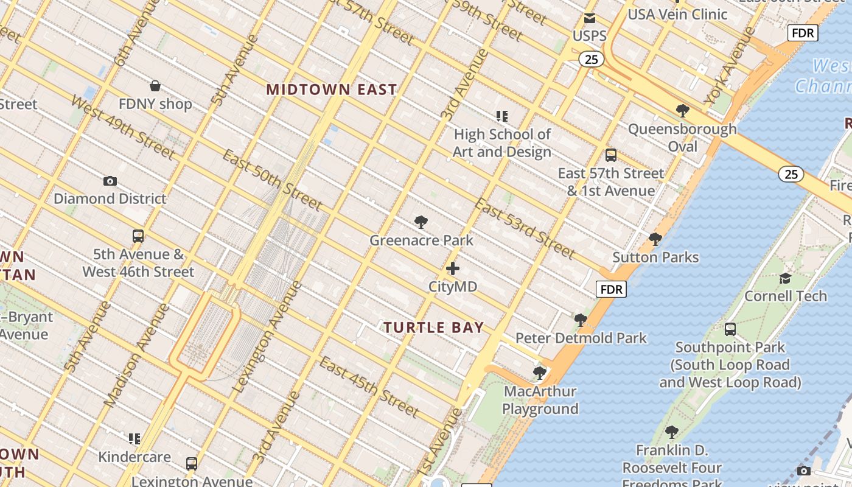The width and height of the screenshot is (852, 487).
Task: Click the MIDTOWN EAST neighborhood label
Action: tap(332, 89)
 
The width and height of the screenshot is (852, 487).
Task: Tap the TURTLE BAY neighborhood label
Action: tap(434, 328)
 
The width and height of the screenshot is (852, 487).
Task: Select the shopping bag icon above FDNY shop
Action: tap(155, 86)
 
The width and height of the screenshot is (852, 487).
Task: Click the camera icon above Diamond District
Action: tap(110, 181)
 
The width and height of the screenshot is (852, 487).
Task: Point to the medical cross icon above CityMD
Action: tap(453, 268)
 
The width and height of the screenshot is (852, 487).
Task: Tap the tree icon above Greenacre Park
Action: tap(421, 222)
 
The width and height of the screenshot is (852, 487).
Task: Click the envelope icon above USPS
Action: tap(589, 18)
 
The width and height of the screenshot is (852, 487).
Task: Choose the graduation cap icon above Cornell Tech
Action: tap(785, 278)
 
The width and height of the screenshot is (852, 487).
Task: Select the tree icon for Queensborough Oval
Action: tap(682, 111)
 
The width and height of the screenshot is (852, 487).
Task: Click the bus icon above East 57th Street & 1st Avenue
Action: tap(611, 155)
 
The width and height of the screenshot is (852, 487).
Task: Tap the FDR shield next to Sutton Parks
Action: tap(610, 289)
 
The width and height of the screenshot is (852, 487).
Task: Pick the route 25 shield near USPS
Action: tap(591, 59)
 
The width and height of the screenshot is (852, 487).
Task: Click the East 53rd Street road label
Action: tap(525, 228)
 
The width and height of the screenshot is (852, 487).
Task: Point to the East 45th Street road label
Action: tap(369, 388)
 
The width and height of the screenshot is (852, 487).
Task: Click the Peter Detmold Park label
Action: tap(581, 338)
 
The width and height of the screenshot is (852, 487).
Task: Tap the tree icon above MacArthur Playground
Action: tap(539, 373)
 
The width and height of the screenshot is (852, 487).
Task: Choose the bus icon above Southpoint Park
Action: tap(730, 329)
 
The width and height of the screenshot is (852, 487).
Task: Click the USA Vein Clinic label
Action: tap(677, 14)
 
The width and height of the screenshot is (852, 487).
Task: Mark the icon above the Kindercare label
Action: tap(134, 439)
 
